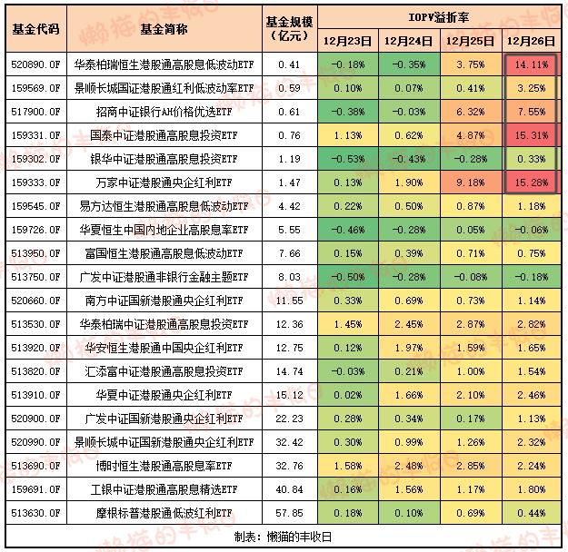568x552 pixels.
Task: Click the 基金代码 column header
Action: pos(35,29)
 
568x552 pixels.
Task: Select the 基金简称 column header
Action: pos(164,29)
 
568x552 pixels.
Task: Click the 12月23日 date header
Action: pos(347,41)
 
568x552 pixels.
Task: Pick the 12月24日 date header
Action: pos(409,41)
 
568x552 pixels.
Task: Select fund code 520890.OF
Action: pos(35,65)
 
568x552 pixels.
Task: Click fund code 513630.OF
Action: pos(35,513)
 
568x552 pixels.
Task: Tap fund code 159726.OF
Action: pos(35,230)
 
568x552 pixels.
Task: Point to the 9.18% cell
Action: pos(470,182)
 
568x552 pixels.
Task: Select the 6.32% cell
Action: pos(470,112)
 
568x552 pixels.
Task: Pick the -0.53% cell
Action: pos(348,159)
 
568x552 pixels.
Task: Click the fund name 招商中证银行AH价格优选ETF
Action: pos(164,112)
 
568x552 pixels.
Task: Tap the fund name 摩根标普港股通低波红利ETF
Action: pos(164,513)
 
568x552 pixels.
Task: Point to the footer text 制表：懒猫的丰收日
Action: pos(283,537)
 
